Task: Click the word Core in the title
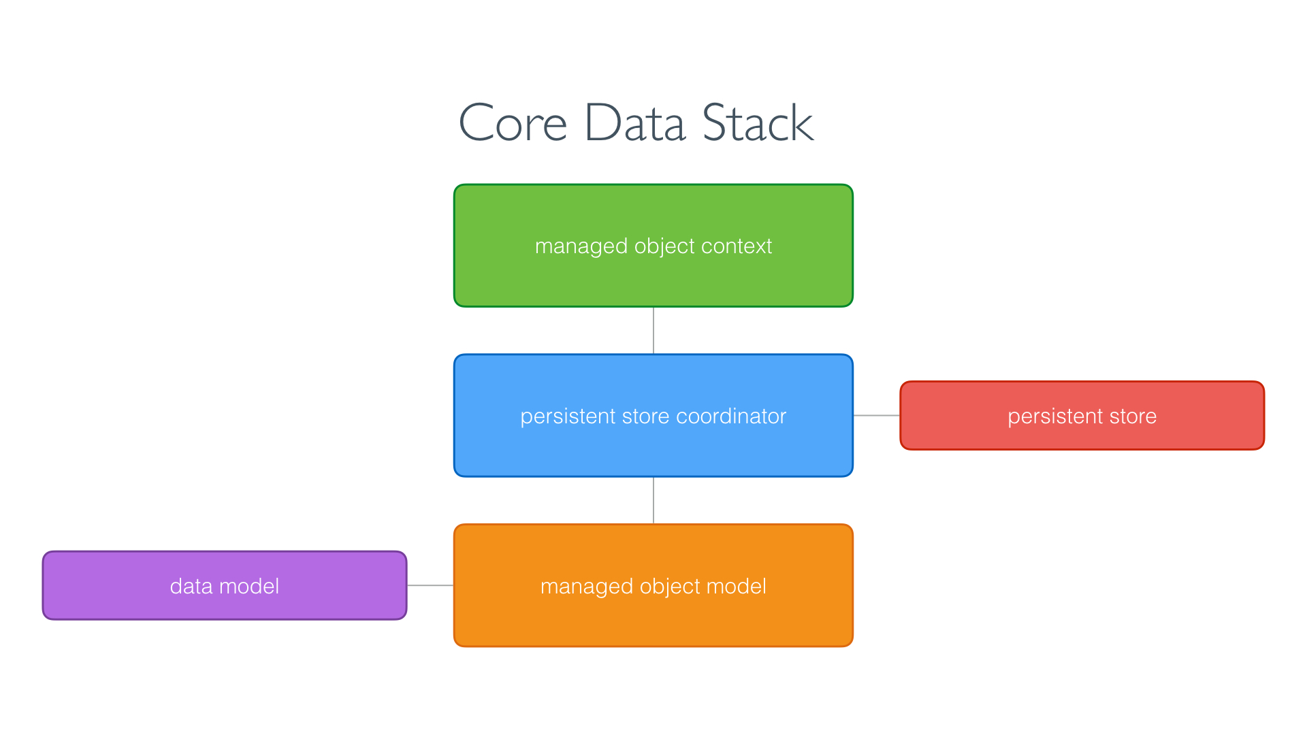[x=513, y=124]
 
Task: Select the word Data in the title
[x=634, y=124]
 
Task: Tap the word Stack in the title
[x=757, y=124]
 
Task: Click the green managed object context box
[x=653, y=279]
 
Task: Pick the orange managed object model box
[x=653, y=619]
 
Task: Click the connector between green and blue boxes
[x=653, y=330]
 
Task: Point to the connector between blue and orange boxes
[x=653, y=500]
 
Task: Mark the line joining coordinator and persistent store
[x=877, y=415]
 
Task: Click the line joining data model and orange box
[x=430, y=585]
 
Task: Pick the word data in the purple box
[x=191, y=586]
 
